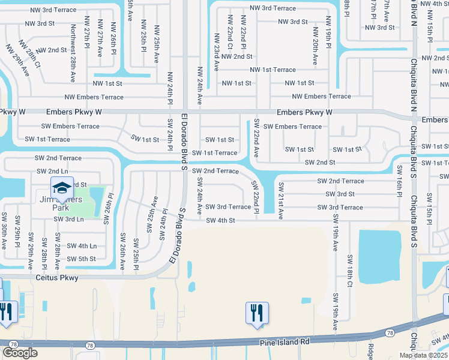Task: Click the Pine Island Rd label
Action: (284, 341)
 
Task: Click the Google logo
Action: (20, 352)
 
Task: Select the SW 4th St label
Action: (220, 221)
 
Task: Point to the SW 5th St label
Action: (81, 259)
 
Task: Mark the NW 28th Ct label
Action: (29, 55)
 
